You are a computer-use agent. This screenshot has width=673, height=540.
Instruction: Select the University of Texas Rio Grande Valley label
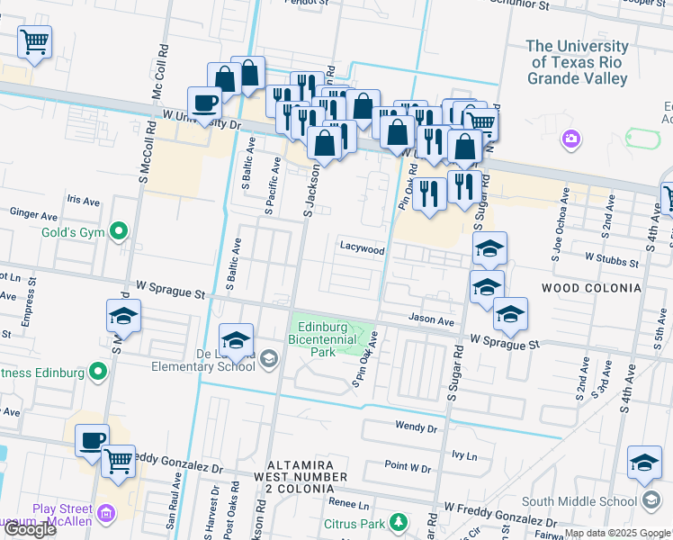point(577,62)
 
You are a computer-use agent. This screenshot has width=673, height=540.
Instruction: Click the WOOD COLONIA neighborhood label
point(591,288)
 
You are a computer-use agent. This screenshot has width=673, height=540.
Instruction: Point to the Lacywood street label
point(362,248)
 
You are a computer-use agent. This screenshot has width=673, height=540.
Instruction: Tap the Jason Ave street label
point(431,319)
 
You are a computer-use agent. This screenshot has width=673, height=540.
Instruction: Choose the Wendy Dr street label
point(415,426)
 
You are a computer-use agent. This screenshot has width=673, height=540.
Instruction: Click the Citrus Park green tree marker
point(395,523)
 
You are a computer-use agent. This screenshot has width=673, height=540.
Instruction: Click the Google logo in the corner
point(30,529)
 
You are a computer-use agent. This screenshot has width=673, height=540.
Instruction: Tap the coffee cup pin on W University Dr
point(204,103)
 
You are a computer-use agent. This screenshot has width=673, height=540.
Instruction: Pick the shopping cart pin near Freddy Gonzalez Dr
point(118,461)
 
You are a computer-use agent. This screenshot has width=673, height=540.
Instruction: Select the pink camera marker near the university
point(570,139)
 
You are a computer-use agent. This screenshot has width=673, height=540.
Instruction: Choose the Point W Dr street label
point(408,467)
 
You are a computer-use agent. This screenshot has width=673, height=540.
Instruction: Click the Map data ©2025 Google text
point(616,533)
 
